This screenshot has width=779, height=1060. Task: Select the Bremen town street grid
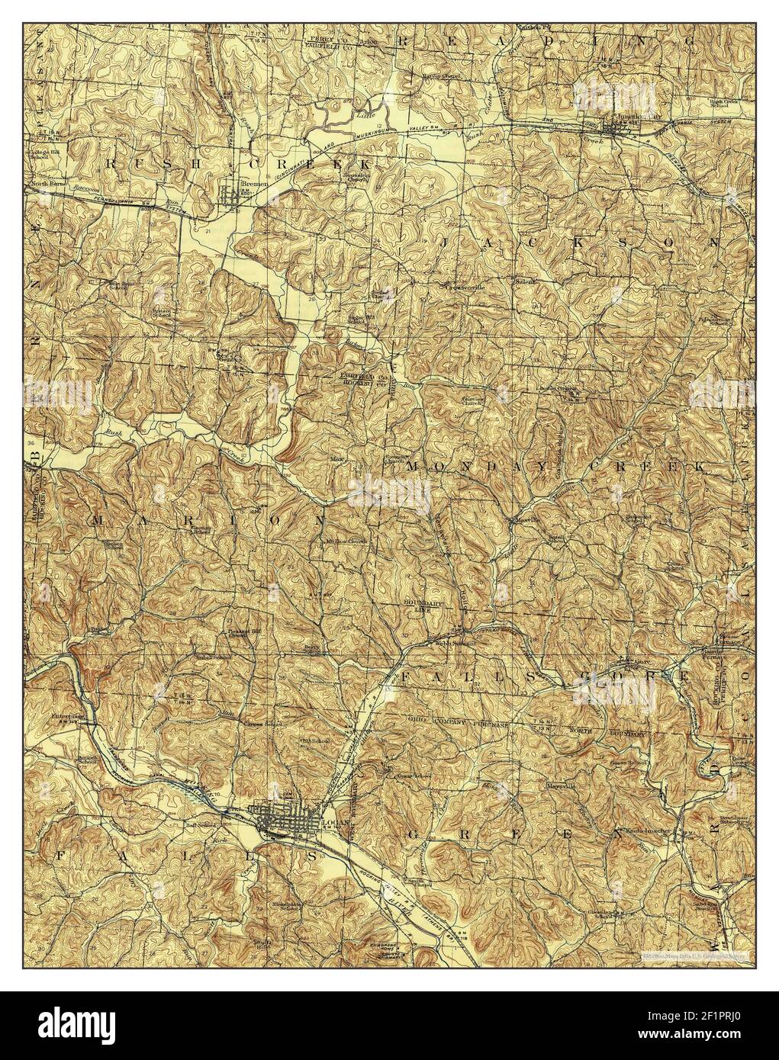[231, 198]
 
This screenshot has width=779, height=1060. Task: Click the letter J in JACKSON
[448, 241]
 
